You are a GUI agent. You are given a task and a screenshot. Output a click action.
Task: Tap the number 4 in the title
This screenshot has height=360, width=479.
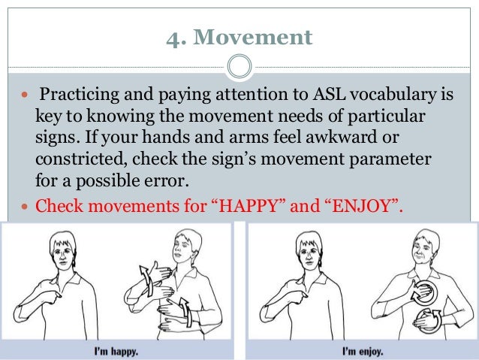pyautogui.click(x=172, y=37)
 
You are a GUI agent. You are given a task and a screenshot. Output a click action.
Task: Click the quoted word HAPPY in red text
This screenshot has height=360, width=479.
pyautogui.click(x=248, y=204)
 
